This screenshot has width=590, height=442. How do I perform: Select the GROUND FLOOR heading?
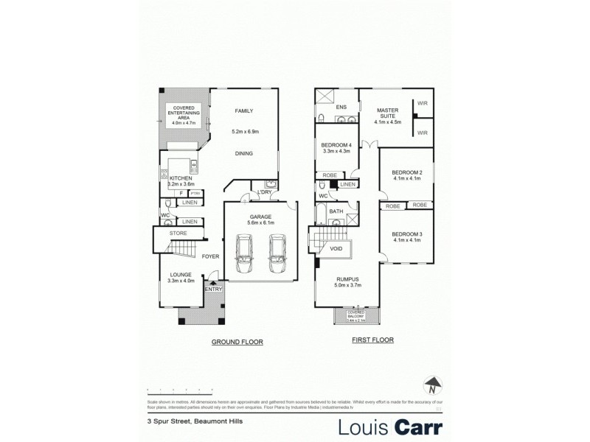[x=237, y=343]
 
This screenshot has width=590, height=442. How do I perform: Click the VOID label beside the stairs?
[x=336, y=249]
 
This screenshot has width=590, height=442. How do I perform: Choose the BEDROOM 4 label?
[x=338, y=145]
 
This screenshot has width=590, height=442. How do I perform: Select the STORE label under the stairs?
[x=178, y=234]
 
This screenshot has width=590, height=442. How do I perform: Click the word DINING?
[x=244, y=153]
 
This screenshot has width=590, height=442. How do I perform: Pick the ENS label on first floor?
[x=341, y=107]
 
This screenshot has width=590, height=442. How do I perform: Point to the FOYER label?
[x=209, y=258]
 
